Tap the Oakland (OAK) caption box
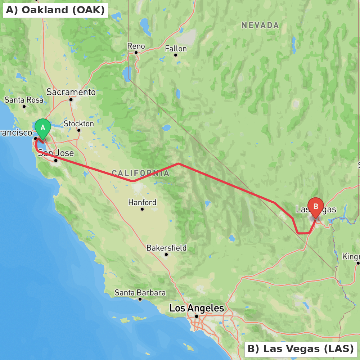55,10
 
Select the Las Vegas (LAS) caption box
301,349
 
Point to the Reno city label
136,46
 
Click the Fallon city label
176,49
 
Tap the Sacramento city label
71,92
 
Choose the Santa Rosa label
24,100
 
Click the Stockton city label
79,123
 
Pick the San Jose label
56,153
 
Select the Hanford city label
142,202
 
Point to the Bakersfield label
166,248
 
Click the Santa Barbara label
140,293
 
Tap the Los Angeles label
197,308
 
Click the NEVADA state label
260,25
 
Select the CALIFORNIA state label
140,173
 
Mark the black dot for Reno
136,53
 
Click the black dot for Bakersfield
166,255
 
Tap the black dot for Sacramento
71,100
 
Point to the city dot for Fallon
176,55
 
